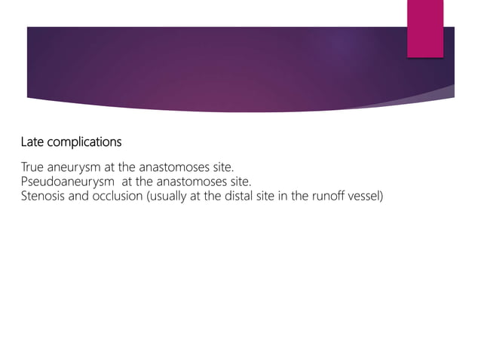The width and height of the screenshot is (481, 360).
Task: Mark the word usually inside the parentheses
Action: pos(170,197)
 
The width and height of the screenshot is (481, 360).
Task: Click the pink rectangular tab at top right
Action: pos(425,28)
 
